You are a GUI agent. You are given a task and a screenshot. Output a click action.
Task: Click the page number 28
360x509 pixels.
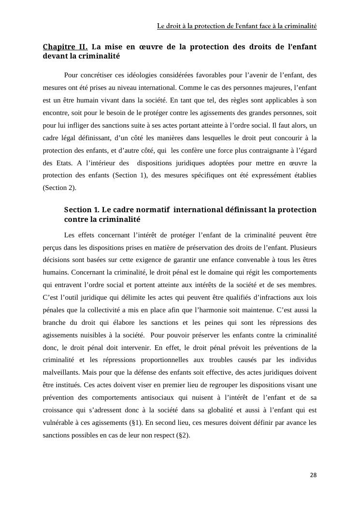pos(313,475)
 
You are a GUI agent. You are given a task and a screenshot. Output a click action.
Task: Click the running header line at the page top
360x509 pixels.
pos(237,26)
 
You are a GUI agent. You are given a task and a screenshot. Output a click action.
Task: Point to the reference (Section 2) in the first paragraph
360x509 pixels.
pos(59,188)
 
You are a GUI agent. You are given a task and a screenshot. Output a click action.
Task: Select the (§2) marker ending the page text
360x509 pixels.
pos(181,435)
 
